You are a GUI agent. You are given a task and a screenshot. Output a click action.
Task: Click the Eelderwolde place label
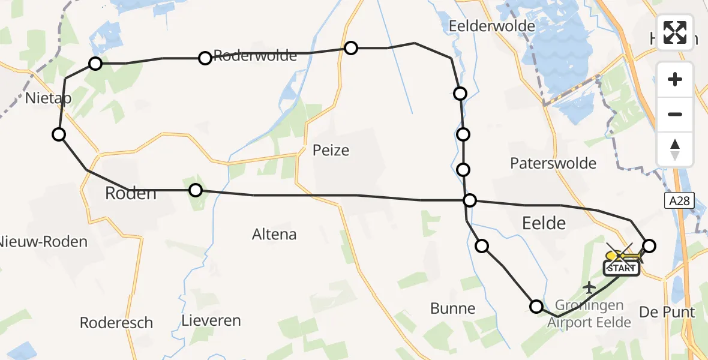click(x=491, y=26)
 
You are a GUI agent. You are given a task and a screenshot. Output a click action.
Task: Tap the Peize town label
click(x=331, y=150)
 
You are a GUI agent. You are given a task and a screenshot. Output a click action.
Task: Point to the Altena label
click(x=274, y=234)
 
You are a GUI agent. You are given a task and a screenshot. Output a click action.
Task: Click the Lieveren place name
click(x=211, y=320)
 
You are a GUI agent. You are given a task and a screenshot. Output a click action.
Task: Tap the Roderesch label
click(x=116, y=323)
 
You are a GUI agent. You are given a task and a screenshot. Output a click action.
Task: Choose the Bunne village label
click(x=452, y=308)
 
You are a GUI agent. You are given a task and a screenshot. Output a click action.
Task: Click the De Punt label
click(x=667, y=312)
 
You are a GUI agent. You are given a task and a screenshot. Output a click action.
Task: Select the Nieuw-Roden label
click(x=43, y=242)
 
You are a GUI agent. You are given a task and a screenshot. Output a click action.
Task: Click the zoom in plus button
click(x=675, y=79)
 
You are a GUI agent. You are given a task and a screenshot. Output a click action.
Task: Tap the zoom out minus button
click(x=675, y=114)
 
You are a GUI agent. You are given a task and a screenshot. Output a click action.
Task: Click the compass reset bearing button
click(x=675, y=149)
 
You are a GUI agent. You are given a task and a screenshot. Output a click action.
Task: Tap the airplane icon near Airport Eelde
click(x=590, y=287)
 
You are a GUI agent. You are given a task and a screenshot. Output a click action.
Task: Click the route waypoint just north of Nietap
click(x=95, y=63)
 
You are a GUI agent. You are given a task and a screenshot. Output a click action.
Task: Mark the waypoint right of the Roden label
click(x=196, y=190)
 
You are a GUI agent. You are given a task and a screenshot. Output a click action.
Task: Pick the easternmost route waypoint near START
click(x=649, y=245)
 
